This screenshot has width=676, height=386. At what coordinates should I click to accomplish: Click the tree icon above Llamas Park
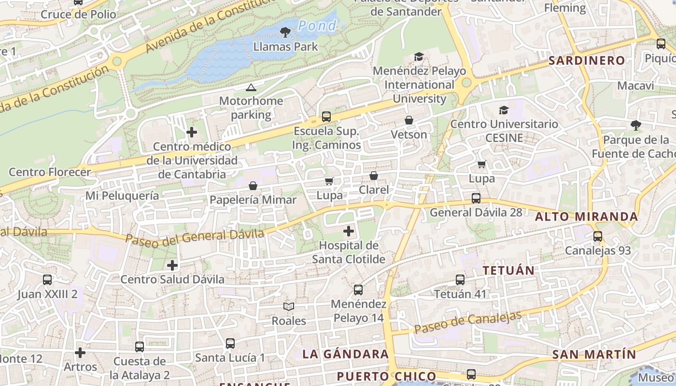coord(285,32)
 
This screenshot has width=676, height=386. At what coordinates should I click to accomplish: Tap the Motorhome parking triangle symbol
coord(250,87)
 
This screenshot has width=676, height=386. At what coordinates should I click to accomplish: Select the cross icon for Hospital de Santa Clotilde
coord(348,232)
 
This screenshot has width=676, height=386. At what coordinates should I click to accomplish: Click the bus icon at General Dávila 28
coord(476,198)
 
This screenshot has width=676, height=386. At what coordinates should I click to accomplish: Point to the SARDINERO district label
coord(587,61)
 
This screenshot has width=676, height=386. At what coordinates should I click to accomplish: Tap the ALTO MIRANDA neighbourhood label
coord(586,217)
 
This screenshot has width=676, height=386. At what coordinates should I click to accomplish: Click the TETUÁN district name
coord(508,270)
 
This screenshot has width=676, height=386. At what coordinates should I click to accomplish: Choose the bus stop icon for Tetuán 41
coord(460,280)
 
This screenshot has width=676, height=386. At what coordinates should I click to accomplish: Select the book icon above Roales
coord(289,306)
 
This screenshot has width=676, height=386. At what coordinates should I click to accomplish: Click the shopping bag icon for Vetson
coord(409,120)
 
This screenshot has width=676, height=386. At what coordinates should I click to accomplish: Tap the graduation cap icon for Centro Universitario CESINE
coord(504,110)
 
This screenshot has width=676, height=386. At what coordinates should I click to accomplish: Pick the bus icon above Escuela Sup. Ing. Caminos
coord(326,117)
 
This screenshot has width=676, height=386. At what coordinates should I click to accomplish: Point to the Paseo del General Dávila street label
coord(195,237)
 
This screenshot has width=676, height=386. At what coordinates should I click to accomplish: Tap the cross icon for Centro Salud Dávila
coord(172,265)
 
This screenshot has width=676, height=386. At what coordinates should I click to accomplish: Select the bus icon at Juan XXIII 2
coord(47,280)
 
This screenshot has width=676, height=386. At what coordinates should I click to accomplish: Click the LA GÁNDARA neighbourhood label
coord(345,354)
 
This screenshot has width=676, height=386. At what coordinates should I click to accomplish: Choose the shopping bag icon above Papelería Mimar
coord(253,186)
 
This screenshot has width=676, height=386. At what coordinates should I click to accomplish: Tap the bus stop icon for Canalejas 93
coord(598,236)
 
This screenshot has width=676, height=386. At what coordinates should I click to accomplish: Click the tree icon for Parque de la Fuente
coord(636,125)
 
